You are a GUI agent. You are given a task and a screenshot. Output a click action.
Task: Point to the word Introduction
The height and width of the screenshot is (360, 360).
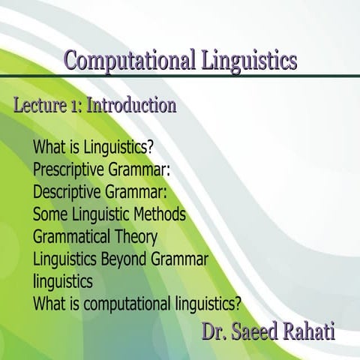click(x=132, y=106)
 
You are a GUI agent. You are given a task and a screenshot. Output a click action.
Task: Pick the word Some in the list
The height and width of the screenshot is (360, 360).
click(x=49, y=214)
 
